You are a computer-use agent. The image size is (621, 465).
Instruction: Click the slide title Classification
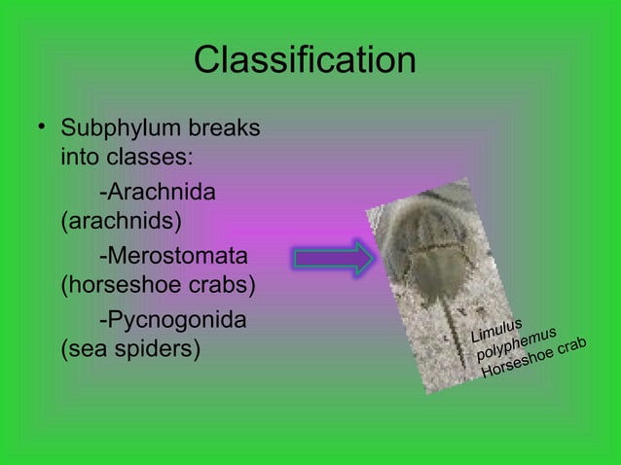coord(305,60)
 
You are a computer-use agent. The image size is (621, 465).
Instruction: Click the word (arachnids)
coord(121,221)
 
